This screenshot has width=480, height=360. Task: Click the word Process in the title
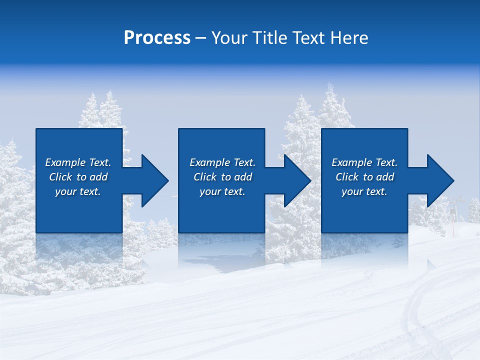pos(157,38)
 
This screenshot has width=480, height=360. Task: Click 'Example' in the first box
pos(66,162)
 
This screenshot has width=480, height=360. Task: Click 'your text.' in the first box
pos(78,191)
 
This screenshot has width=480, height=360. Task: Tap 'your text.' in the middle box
pos(222,191)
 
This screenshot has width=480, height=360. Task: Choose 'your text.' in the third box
pos(364,191)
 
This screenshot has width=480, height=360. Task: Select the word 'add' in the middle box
pos(243,177)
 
